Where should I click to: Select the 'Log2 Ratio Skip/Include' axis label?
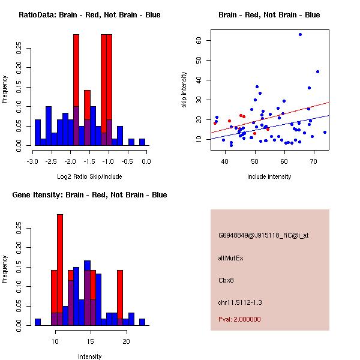pos(89,176)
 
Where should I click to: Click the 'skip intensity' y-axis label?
pos(185,90)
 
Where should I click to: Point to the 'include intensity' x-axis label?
pos(269,176)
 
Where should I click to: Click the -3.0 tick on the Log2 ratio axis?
pos(35,161)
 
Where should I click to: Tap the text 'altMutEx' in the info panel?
pos(231,258)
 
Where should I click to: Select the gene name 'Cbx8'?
pos(226,280)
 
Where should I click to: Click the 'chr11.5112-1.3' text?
pos(240,302)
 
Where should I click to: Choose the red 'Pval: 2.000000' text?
pos(239,319)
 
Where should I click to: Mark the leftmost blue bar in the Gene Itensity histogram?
pos(38,322)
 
